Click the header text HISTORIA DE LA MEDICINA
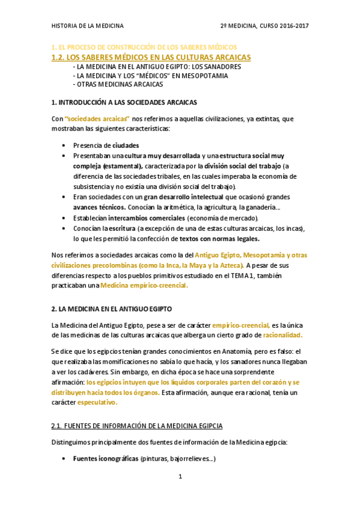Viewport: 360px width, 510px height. (88, 26)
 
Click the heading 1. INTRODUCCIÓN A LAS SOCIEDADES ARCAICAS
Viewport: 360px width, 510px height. (124, 102)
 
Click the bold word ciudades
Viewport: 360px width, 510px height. (126, 145)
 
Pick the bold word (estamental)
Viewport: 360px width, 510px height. (122, 165)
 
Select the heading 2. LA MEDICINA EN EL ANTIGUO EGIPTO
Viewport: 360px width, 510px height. (112, 309)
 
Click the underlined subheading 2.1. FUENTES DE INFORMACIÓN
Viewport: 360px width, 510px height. (136, 426)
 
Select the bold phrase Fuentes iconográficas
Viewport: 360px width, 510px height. (105, 459)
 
